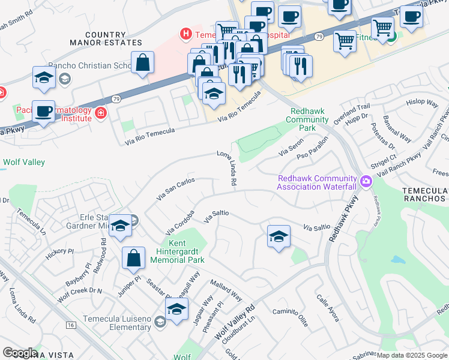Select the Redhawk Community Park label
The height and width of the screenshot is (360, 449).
[x=310, y=119]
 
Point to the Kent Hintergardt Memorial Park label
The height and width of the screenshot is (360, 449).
[x=186, y=251]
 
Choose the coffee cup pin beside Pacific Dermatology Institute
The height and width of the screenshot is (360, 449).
[x=44, y=112]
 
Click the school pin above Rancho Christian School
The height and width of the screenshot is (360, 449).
[x=44, y=77]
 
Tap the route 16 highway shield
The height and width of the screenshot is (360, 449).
[x=71, y=325]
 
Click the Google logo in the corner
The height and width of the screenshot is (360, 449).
[x=20, y=352]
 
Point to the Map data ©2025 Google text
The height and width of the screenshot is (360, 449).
[x=411, y=355]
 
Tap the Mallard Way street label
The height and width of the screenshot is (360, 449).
[x=226, y=289]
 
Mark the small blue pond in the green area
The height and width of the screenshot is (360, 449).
[x=397, y=260]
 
